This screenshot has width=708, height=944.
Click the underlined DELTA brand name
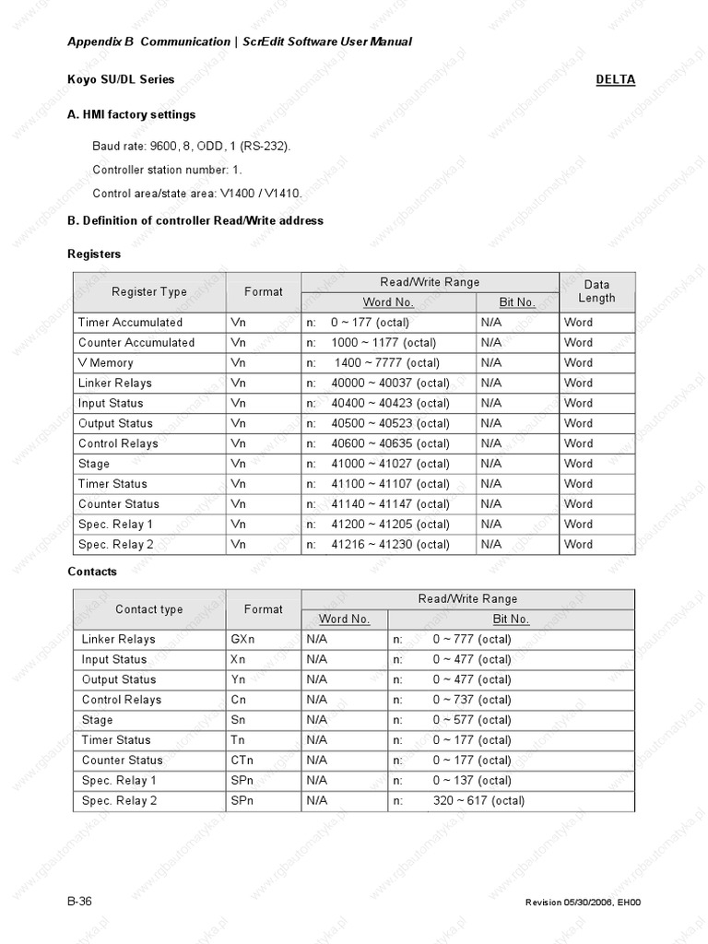615,79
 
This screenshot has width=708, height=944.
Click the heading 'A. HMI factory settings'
131,115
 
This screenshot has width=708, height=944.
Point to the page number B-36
79,900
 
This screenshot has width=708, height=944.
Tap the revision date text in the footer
582,902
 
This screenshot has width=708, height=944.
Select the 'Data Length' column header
596,291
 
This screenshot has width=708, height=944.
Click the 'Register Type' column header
148,292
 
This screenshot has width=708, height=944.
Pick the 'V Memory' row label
105,363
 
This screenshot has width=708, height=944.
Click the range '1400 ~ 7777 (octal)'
387,363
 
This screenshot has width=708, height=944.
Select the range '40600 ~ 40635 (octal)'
390,443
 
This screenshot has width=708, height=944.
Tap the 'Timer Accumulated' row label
130,323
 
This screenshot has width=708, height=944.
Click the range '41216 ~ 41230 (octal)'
390,545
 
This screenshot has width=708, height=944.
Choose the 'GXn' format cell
241,639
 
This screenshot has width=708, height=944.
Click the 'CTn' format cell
241,761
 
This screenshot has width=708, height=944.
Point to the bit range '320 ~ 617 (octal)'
478,801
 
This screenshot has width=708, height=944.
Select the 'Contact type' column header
148,609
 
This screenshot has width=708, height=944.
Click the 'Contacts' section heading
92,572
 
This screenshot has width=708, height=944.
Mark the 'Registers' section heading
94,254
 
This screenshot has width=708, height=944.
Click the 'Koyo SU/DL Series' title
121,79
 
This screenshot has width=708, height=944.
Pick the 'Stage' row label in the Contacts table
97,720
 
